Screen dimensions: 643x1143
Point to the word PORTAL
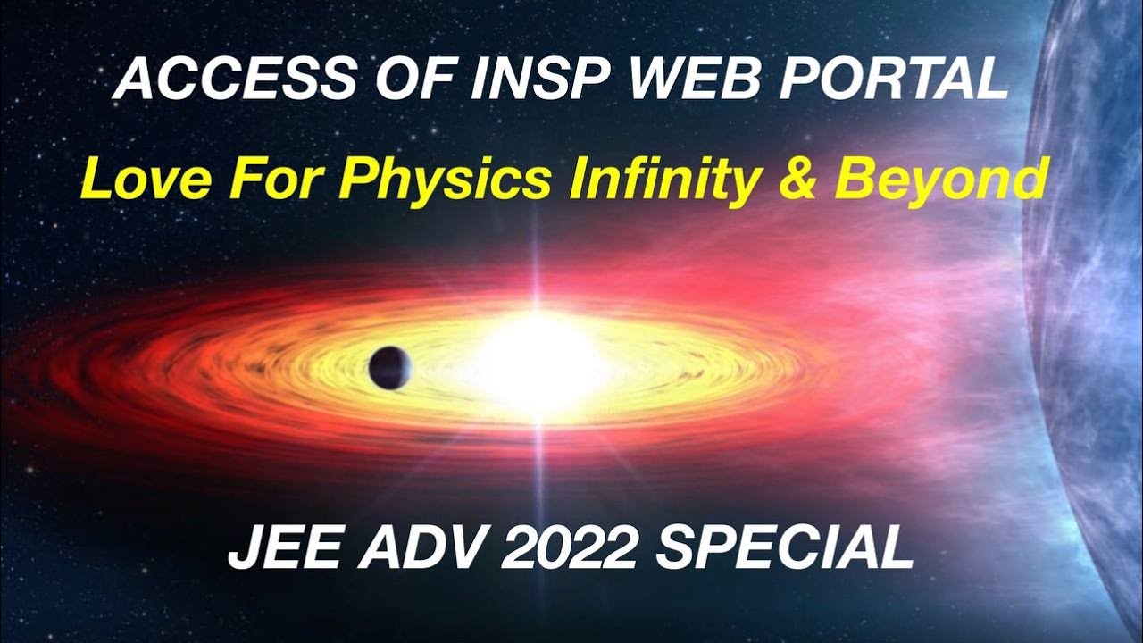[x=896, y=82]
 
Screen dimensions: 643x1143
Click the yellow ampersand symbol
[x=797, y=181]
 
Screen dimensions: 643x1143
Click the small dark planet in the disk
[x=389, y=367]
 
